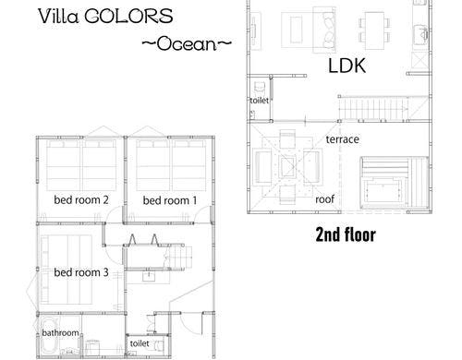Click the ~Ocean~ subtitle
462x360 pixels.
[185, 42]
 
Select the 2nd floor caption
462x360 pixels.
[345, 234]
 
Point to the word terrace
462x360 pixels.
[341, 139]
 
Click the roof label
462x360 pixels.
[324, 198]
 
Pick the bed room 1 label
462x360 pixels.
[170, 200]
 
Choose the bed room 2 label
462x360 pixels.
[81, 200]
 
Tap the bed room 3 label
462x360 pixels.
[81, 272]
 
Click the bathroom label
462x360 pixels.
[60, 333]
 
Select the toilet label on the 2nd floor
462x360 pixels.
[258, 101]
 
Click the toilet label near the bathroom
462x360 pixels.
[140, 343]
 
